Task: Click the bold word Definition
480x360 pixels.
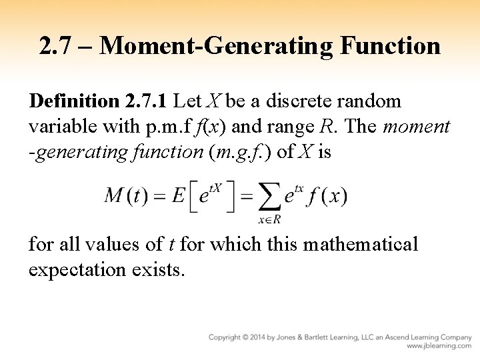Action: tap(73, 101)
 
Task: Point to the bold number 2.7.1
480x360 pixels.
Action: tap(146, 101)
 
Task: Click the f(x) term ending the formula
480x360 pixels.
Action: tap(327, 196)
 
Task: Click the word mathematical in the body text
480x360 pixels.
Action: tap(361, 245)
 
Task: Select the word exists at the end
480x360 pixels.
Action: tap(161, 269)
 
